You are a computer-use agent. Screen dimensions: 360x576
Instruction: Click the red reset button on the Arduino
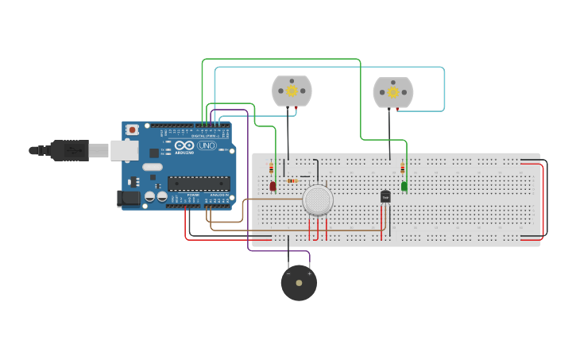point(132,129)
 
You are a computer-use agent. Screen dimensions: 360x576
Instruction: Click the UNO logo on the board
point(207,146)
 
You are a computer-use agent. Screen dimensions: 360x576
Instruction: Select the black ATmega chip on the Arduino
point(198,183)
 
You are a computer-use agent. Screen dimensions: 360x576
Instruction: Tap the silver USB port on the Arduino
point(123,150)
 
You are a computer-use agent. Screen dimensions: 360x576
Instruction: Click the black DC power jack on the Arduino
point(128,199)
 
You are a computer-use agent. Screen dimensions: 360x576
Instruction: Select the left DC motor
point(292,91)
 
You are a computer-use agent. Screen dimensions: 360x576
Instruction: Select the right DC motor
point(393,92)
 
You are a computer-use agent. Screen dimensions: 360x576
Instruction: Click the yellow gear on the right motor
point(393,92)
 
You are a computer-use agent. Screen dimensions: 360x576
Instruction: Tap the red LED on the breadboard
point(273,186)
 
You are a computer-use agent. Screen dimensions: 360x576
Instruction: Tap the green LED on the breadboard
point(404,186)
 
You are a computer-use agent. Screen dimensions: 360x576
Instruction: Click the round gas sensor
point(318,199)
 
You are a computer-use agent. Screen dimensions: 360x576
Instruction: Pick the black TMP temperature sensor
point(385,196)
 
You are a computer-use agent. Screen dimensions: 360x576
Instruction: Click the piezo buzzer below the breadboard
point(299,283)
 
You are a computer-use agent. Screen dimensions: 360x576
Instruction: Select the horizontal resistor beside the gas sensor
point(292,180)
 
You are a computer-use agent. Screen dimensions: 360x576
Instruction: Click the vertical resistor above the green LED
point(402,168)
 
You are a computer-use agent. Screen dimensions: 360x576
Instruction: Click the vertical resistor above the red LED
point(271,168)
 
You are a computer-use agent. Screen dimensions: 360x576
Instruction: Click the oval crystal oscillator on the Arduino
point(153,167)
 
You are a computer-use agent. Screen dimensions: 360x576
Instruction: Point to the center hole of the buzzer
point(299,282)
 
